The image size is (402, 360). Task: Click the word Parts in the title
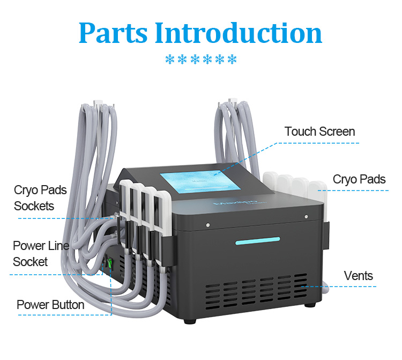click(x=113, y=33)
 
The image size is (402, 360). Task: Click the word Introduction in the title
click(x=239, y=33)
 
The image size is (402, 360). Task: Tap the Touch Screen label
click(x=319, y=131)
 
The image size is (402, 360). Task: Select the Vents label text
click(x=359, y=276)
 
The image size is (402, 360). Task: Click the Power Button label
click(x=50, y=305)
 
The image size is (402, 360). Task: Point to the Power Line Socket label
click(x=41, y=254)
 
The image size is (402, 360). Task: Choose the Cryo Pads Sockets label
click(x=40, y=198)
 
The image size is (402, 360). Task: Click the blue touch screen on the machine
click(x=200, y=182)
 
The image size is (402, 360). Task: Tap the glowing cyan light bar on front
click(x=258, y=241)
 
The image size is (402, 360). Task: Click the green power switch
click(x=110, y=263)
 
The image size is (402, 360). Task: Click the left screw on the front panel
click(x=208, y=225)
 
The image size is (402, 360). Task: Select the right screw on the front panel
click(x=306, y=217)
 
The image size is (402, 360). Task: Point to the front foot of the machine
click(x=190, y=321)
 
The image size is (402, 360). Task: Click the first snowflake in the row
click(x=170, y=59)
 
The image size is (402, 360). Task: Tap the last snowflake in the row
click(x=232, y=59)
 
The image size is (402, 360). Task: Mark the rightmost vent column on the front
click(x=301, y=285)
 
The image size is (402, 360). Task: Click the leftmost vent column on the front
click(x=213, y=296)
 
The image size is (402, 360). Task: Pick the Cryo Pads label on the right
click(x=359, y=180)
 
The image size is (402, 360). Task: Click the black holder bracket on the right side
click(x=326, y=236)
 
